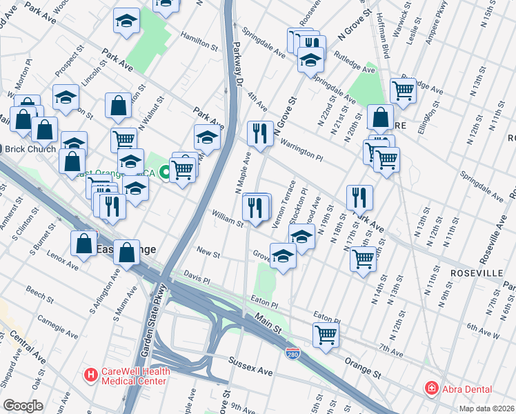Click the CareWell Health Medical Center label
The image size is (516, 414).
(135, 375)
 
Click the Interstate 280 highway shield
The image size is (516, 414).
(292, 353)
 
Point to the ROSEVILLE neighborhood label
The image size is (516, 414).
(476, 273)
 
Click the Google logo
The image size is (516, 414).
(23, 406)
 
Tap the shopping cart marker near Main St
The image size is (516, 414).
(326, 335)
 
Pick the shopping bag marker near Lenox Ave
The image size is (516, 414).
(83, 243)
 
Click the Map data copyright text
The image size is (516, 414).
(486, 408)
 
